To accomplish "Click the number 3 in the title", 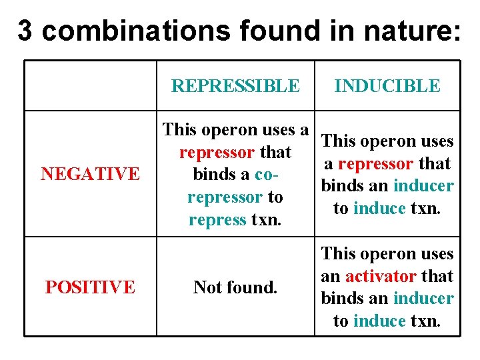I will (24, 30).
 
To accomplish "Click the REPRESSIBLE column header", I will (235, 86).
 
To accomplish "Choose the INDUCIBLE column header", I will (387, 86).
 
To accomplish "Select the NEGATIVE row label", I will (90, 174).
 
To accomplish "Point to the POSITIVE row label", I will (90, 287).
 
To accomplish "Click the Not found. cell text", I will (235, 287).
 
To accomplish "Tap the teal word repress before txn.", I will (217, 220).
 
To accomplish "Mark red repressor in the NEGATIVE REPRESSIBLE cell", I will (217, 152).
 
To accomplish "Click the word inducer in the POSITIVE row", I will (423, 299).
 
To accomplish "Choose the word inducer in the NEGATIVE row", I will (423, 186).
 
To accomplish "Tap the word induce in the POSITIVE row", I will (379, 321).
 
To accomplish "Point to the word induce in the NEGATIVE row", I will (379, 209).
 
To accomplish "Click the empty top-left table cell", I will (90, 85).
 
